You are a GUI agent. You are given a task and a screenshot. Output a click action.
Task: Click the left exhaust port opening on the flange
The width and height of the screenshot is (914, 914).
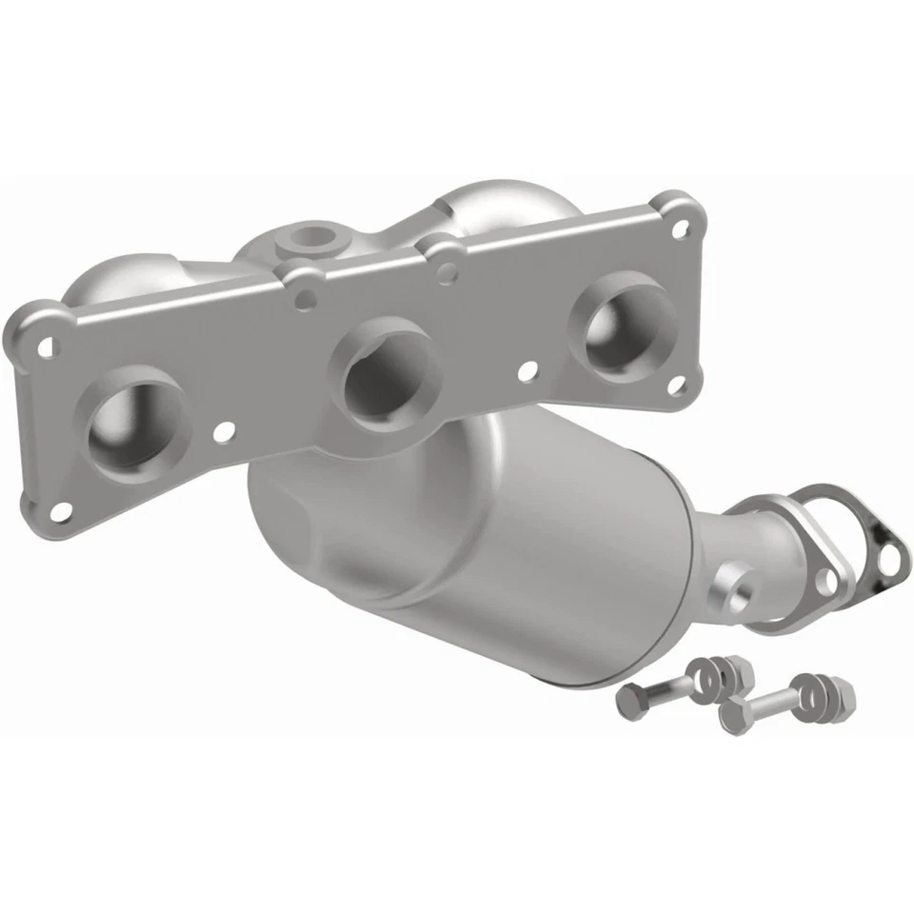click(133, 433)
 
